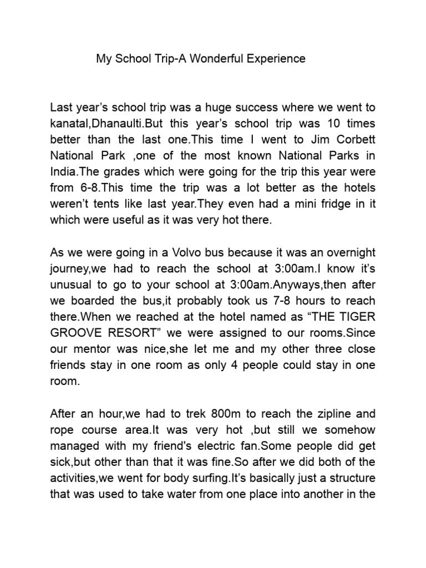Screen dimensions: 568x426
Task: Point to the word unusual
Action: click(x=70, y=285)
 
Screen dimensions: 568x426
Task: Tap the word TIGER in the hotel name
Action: click(x=357, y=317)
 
